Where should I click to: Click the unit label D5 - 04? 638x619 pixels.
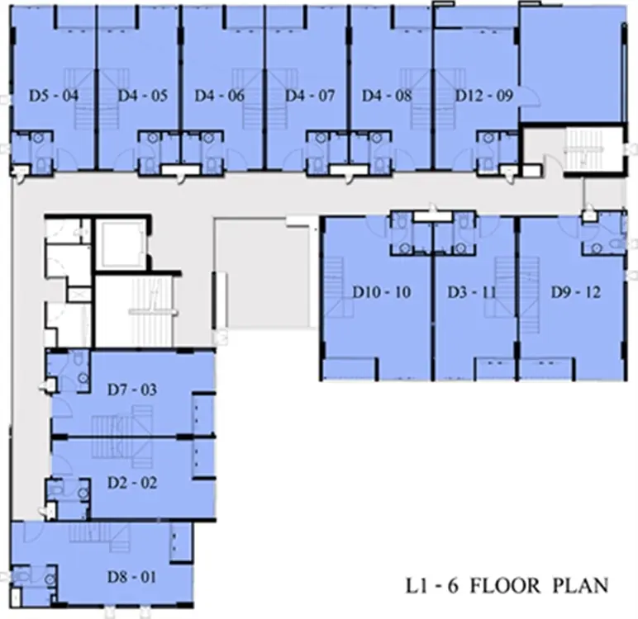(x=54, y=96)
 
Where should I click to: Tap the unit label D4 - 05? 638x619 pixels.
(x=143, y=96)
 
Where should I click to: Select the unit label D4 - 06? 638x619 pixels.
(x=220, y=96)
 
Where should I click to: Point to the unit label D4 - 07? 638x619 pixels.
(x=310, y=96)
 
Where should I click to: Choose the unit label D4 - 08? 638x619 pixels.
(x=387, y=96)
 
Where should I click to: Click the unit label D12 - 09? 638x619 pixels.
(x=483, y=96)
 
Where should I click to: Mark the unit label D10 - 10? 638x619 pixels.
(x=382, y=292)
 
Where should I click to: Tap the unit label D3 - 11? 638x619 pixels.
(x=472, y=292)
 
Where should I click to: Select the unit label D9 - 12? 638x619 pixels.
(x=576, y=292)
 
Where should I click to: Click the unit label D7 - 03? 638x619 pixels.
(x=132, y=390)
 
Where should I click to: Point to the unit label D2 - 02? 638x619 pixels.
(x=132, y=483)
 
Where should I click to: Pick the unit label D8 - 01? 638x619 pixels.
(x=131, y=577)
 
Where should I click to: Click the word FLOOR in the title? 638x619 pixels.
(x=505, y=586)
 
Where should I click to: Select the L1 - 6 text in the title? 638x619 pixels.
(x=432, y=586)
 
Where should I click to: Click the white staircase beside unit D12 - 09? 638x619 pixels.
(x=584, y=148)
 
